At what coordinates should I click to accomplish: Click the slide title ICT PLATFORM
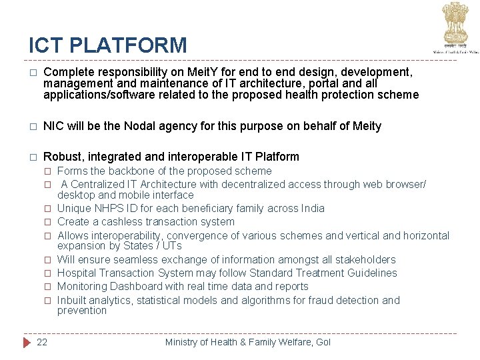[108, 45]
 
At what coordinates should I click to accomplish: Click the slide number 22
[42, 342]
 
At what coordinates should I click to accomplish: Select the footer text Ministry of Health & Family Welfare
[247, 342]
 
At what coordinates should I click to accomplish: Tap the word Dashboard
[132, 286]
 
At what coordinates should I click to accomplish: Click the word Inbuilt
[71, 300]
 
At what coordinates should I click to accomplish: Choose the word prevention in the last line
[81, 310]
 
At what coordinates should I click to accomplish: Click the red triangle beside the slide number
[27, 342]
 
